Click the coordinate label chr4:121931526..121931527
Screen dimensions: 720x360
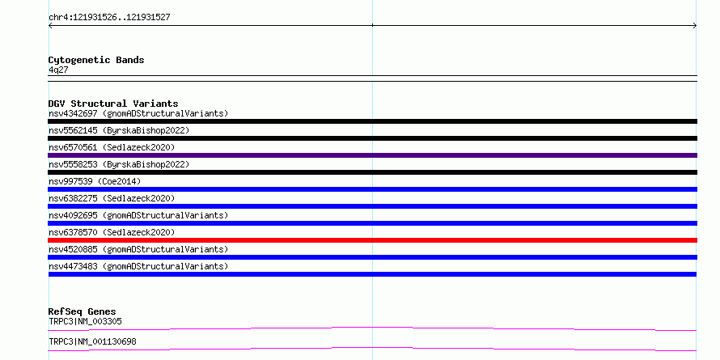click(x=109, y=18)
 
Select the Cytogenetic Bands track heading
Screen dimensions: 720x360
click(x=96, y=60)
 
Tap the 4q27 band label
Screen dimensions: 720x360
click(x=58, y=70)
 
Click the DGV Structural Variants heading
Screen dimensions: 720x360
click(x=113, y=104)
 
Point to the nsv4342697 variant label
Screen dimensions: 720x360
click(x=138, y=113)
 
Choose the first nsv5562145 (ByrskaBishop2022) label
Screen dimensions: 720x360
click(x=119, y=130)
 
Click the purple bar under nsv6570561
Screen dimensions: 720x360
click(x=372, y=155)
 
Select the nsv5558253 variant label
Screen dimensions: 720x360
click(x=119, y=164)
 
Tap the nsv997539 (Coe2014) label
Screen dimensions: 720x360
click(x=95, y=181)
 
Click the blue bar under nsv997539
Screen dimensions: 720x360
click(x=372, y=189)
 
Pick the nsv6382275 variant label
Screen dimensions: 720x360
click(x=112, y=198)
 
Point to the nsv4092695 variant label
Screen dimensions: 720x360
click(x=138, y=215)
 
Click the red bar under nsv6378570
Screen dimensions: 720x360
click(x=372, y=240)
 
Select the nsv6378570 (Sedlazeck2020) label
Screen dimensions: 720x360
click(x=112, y=232)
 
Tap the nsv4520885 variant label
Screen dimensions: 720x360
click(x=138, y=249)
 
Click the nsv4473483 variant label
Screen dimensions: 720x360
click(x=138, y=266)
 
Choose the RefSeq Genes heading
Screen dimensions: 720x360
click(x=82, y=311)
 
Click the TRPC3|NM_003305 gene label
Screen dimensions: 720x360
click(x=85, y=321)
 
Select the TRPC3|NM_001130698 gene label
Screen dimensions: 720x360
click(x=92, y=341)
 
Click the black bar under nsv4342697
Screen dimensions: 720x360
click(x=372, y=121)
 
